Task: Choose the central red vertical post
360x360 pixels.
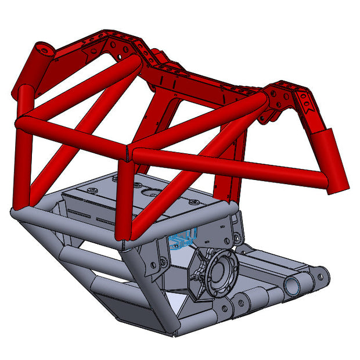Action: click(125, 197)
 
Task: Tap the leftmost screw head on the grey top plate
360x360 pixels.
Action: click(93, 189)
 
